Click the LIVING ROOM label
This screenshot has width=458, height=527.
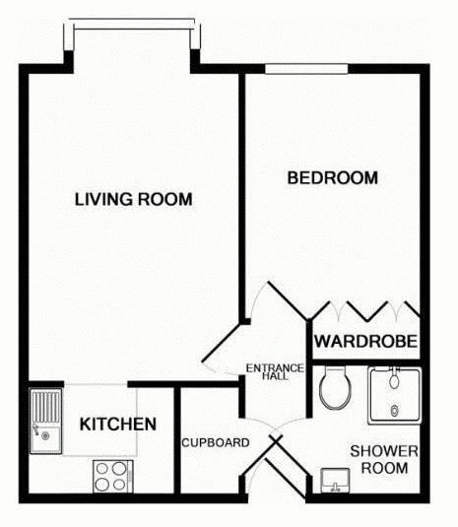[133, 199]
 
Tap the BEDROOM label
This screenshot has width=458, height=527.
[333, 177]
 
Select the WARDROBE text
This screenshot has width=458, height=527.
[366, 342]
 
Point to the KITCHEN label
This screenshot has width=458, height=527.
[118, 425]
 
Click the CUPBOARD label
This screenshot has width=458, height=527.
[216, 443]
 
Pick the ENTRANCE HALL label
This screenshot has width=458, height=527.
[275, 372]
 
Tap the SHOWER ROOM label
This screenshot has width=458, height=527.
[384, 459]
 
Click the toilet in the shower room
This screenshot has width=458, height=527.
[335, 387]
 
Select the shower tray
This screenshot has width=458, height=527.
[394, 396]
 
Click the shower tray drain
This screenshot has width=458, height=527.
[395, 411]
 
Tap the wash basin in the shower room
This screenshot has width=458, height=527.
[335, 481]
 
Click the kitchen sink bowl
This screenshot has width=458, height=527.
[46, 439]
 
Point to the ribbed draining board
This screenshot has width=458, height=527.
[46, 408]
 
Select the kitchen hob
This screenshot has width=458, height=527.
[113, 476]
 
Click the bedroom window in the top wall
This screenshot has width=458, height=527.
[306, 69]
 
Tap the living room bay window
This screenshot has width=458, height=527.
[134, 25]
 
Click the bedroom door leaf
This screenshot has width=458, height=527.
[288, 301]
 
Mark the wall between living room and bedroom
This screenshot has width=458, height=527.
[242, 197]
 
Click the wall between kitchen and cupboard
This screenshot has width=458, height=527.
[177, 440]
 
